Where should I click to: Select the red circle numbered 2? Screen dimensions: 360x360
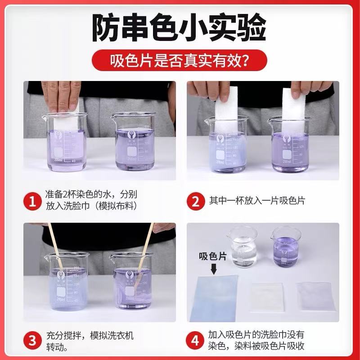(195, 201)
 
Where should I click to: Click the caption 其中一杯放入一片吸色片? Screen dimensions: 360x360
(256, 201)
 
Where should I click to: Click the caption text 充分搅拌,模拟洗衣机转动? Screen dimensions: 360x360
(90, 341)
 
